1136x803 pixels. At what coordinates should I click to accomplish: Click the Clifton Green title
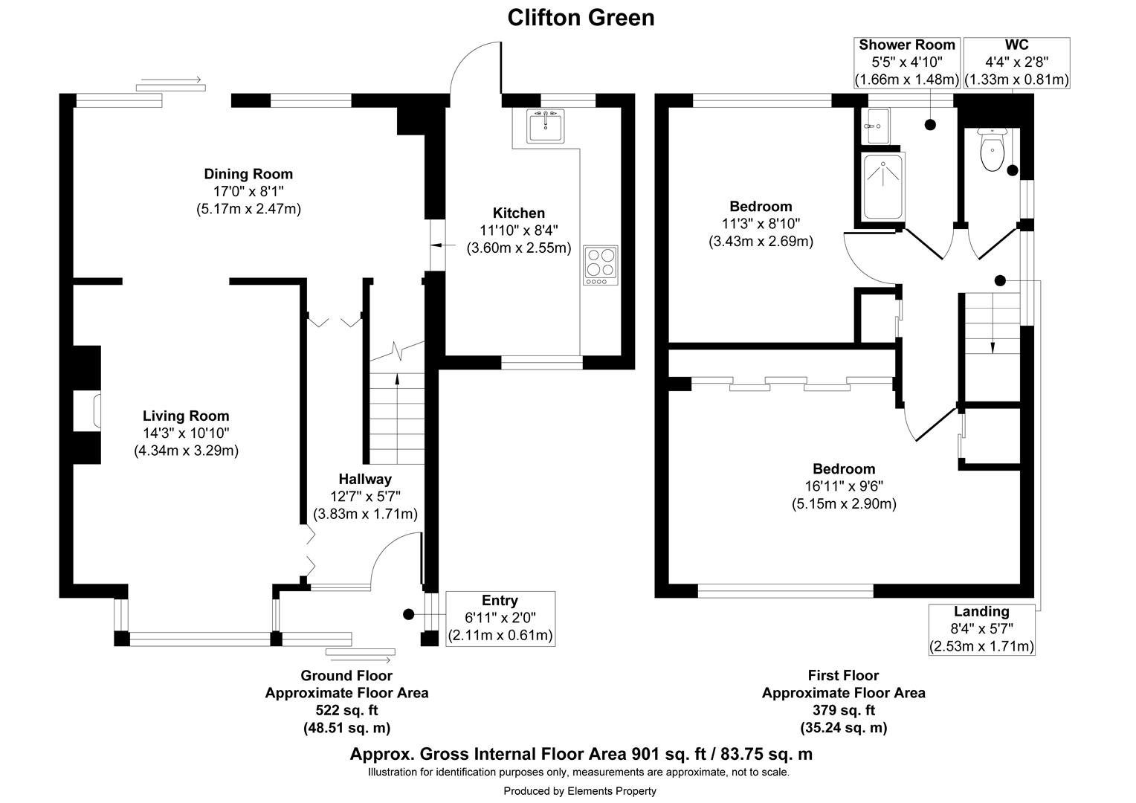pyautogui.click(x=581, y=17)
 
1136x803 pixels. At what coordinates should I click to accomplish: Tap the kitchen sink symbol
pyautogui.click(x=546, y=125)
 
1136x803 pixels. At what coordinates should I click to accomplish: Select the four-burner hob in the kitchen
pyautogui.click(x=601, y=265)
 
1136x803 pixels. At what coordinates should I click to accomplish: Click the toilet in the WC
pyautogui.click(x=992, y=152)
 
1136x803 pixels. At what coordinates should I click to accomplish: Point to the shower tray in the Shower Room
pyautogui.click(x=882, y=187)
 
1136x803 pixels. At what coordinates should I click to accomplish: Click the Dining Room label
pyautogui.click(x=248, y=174)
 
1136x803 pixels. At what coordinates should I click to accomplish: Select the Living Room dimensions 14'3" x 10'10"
pyautogui.click(x=186, y=433)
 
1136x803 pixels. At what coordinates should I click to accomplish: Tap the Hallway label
pyautogui.click(x=364, y=479)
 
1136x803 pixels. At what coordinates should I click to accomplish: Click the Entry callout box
pyautogui.click(x=500, y=618)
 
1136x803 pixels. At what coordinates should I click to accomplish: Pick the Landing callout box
pyautogui.click(x=981, y=629)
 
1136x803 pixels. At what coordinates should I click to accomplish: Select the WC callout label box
pyautogui.click(x=1016, y=62)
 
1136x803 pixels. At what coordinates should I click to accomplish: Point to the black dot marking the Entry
pyautogui.click(x=408, y=614)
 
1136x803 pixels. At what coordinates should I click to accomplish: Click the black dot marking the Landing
pyautogui.click(x=1000, y=280)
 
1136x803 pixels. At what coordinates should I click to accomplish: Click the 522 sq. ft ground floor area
pyautogui.click(x=346, y=710)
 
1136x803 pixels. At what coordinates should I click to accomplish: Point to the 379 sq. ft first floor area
pyautogui.click(x=843, y=710)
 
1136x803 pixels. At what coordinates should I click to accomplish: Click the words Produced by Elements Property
pyautogui.click(x=580, y=791)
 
